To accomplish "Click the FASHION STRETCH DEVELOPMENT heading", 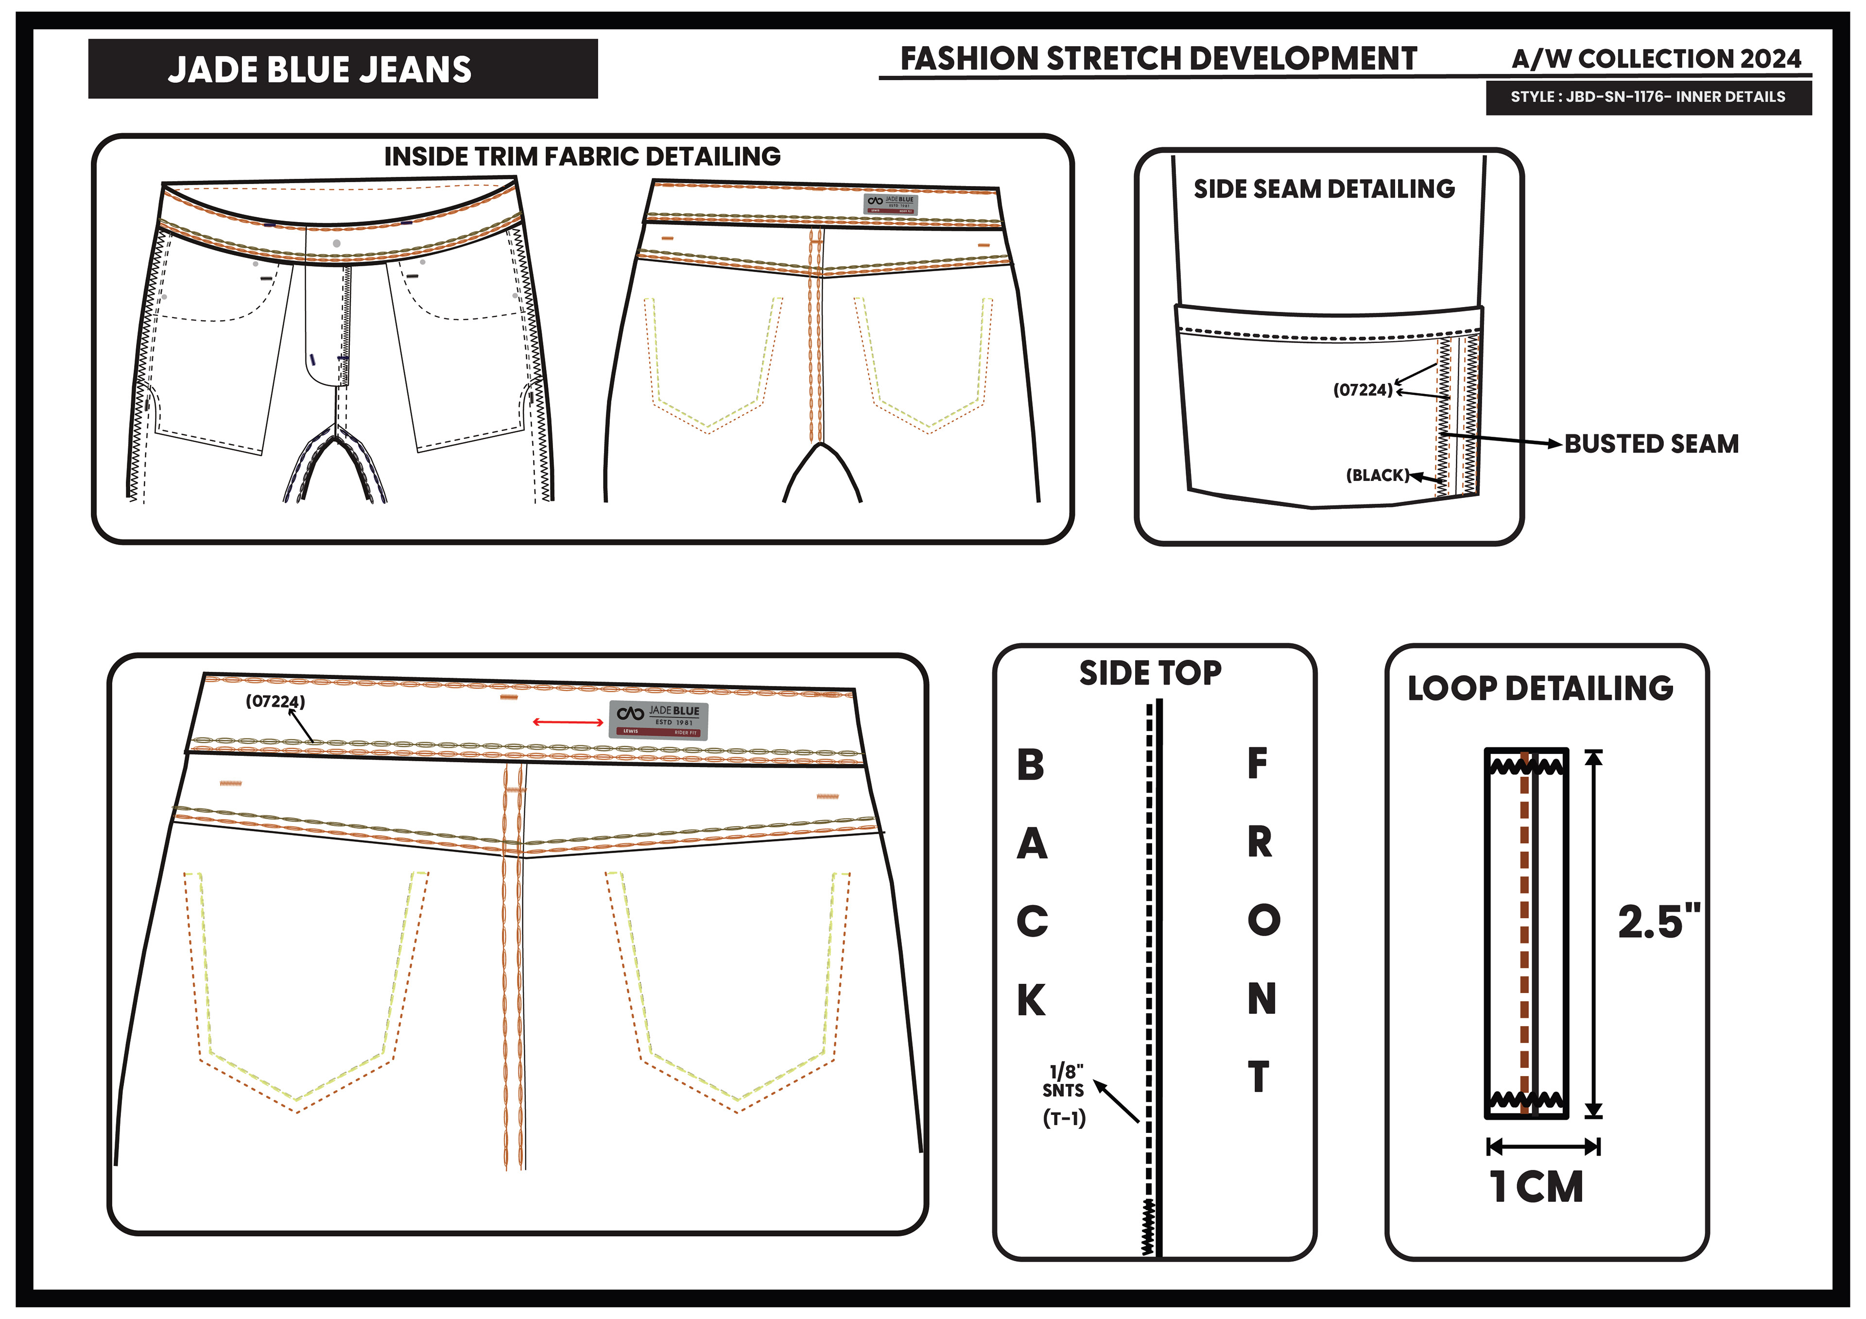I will [1158, 58].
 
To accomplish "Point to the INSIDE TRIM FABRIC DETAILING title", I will [582, 156].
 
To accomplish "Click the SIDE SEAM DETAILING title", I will [1323, 188].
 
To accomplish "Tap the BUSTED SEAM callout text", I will [1651, 444].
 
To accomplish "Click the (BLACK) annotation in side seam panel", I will [1377, 475].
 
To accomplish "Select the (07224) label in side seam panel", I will [1362, 390].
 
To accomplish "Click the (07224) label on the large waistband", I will [276, 701].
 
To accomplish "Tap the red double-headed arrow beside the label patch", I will [567, 721].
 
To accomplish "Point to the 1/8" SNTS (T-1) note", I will [1064, 1094].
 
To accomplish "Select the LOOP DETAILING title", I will [1540, 688].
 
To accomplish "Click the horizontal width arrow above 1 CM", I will [1542, 1147].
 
